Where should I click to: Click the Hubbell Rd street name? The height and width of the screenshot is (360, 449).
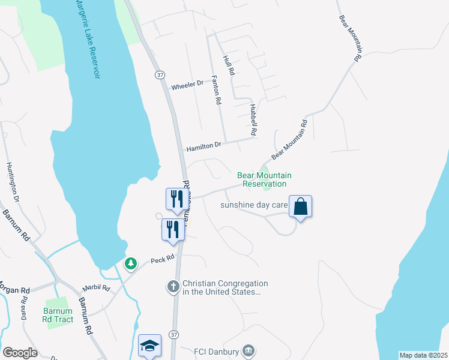253,119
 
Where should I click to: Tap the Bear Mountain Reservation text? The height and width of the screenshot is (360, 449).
264,179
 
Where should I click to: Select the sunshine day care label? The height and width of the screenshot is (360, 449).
254,205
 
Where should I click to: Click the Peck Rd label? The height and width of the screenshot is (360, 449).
162,259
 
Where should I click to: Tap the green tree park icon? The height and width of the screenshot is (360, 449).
130,263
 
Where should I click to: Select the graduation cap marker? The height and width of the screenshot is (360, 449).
149,346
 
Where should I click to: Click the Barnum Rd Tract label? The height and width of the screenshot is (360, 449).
58,316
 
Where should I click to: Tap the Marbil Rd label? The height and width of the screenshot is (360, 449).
98,288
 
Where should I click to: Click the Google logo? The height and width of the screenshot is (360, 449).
20,353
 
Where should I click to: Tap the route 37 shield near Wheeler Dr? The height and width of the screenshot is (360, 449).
159,74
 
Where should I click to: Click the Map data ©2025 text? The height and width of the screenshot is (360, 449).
423,355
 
